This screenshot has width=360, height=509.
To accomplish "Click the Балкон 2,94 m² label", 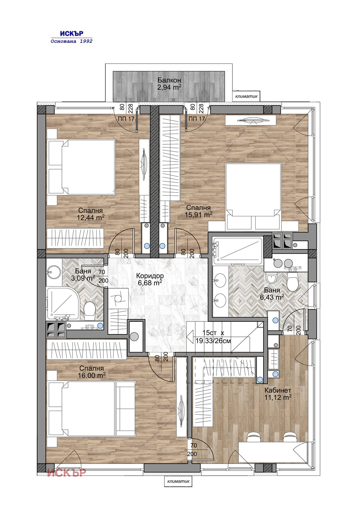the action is (x=169, y=84).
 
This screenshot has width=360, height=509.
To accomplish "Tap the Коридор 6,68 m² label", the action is (x=150, y=279).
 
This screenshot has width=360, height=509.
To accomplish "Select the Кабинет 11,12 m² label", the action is (x=278, y=394).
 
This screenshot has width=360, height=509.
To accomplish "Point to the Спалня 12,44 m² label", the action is (x=90, y=214).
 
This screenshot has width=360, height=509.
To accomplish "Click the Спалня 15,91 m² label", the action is (x=198, y=211).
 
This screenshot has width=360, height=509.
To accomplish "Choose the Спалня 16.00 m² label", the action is (x=91, y=372).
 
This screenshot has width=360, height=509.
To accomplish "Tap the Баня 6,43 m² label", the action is (x=272, y=294).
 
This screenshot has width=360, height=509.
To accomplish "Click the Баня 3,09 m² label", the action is (x=83, y=275).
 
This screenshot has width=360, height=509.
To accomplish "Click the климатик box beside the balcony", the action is (x=246, y=96).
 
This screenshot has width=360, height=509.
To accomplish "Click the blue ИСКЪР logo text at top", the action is (x=72, y=33).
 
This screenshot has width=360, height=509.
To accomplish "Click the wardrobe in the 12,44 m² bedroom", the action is (x=75, y=238).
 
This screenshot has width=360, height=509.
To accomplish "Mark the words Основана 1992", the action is (x=72, y=41).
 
